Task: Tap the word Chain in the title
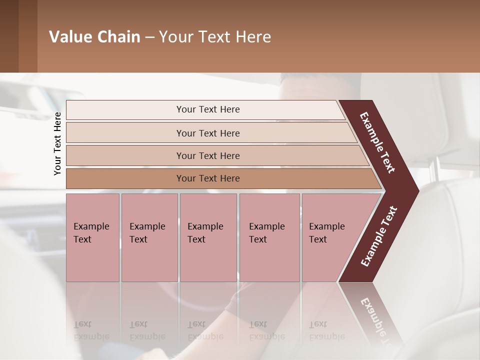(x=119, y=37)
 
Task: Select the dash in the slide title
(x=149, y=37)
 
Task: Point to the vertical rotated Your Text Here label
(x=57, y=143)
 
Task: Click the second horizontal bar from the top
(x=208, y=133)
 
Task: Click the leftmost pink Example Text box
(x=92, y=237)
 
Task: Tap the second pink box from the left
(x=149, y=237)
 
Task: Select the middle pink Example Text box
(x=208, y=237)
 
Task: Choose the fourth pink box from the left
(x=269, y=237)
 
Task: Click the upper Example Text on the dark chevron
(x=377, y=143)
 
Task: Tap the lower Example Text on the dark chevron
(x=378, y=236)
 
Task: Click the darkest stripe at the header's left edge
(x=9, y=36)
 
